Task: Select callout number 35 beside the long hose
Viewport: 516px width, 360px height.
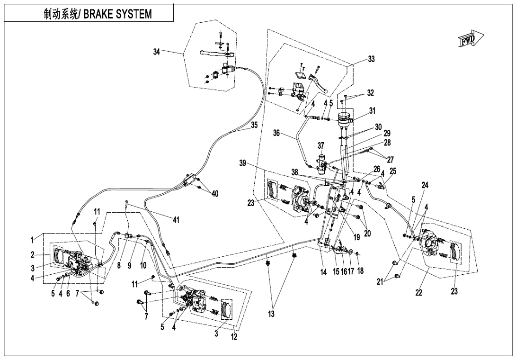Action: (254, 126)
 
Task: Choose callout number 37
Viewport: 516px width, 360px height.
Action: (321, 145)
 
